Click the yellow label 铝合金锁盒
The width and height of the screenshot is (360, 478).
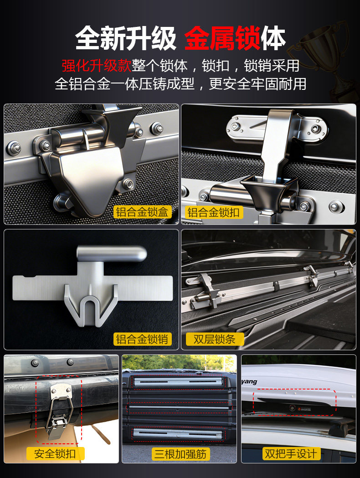pyautogui.click(x=142, y=212)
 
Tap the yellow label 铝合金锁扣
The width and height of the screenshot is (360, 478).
pyautogui.click(x=213, y=212)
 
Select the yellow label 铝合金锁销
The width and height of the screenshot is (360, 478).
pyautogui.click(x=142, y=339)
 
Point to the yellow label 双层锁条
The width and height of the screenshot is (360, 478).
pyautogui.click(x=215, y=339)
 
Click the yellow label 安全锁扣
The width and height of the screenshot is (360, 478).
pyautogui.click(x=55, y=454)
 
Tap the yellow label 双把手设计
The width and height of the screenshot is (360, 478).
pyautogui.click(x=291, y=454)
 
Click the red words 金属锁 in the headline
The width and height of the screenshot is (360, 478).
pyautogui.click(x=222, y=38)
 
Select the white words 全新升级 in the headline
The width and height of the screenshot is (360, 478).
pyautogui.click(x=125, y=38)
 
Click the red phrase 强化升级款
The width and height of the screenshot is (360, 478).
pyautogui.click(x=97, y=65)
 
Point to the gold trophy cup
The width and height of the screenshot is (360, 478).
pyautogui.click(x=323, y=58)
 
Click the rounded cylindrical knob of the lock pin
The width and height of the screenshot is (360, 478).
pyautogui.click(x=112, y=254)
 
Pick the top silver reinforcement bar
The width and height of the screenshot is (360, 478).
pyautogui.click(x=179, y=381)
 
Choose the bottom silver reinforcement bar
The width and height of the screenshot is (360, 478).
pyautogui.click(x=179, y=433)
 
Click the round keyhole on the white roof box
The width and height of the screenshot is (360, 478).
pyautogui.click(x=293, y=408)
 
